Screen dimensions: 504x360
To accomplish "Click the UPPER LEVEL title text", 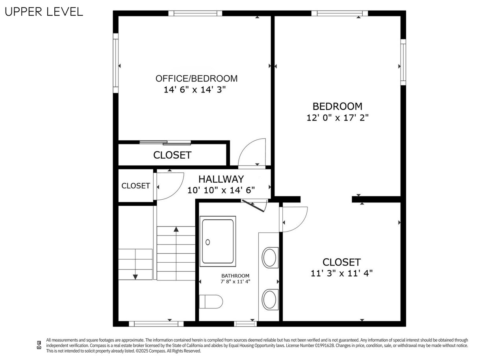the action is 44,12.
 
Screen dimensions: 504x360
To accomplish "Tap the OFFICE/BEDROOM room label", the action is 196,78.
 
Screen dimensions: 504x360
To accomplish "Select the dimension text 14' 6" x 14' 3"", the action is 195,89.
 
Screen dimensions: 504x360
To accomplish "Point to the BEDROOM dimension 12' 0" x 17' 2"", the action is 337,117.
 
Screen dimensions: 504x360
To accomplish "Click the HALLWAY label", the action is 221,179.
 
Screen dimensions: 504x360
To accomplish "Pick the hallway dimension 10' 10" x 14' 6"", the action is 221,190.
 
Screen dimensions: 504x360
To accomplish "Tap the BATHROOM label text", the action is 235,276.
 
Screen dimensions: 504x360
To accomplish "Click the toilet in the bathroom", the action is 211,301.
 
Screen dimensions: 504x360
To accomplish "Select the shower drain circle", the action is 208,242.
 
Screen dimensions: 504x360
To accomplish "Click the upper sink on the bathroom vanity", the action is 270,258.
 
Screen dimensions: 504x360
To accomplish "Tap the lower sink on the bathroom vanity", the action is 270,299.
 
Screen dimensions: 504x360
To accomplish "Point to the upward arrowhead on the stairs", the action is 176,229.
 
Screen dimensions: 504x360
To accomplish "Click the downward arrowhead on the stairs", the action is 135,277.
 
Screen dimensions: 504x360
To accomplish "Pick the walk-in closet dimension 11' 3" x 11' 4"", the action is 341,273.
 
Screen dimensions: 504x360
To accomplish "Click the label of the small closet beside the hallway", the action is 136,186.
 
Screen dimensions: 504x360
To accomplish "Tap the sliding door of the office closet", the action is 165,143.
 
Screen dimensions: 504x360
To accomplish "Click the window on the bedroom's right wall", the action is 403,62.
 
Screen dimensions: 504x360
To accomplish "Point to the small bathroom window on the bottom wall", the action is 245,324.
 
